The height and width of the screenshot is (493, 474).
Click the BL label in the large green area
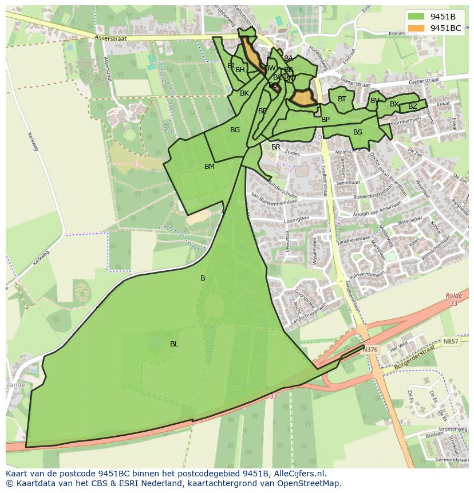(x=174, y=344)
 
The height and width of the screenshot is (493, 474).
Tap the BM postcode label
(x=210, y=167)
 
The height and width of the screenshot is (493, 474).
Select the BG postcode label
(x=235, y=130)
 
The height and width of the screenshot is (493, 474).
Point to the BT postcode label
(x=342, y=99)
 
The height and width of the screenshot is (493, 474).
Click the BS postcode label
(x=358, y=132)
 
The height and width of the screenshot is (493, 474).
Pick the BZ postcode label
(x=413, y=107)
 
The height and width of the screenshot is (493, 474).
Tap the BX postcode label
(x=394, y=104)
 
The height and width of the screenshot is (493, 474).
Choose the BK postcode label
(x=244, y=93)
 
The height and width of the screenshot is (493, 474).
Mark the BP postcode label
(x=325, y=120)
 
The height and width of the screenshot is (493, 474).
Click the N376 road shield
(x=371, y=350)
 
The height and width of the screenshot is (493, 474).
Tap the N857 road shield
(x=451, y=341)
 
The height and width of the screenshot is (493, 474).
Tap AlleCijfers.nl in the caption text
(x=299, y=474)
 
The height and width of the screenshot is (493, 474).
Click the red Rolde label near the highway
(x=453, y=296)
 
